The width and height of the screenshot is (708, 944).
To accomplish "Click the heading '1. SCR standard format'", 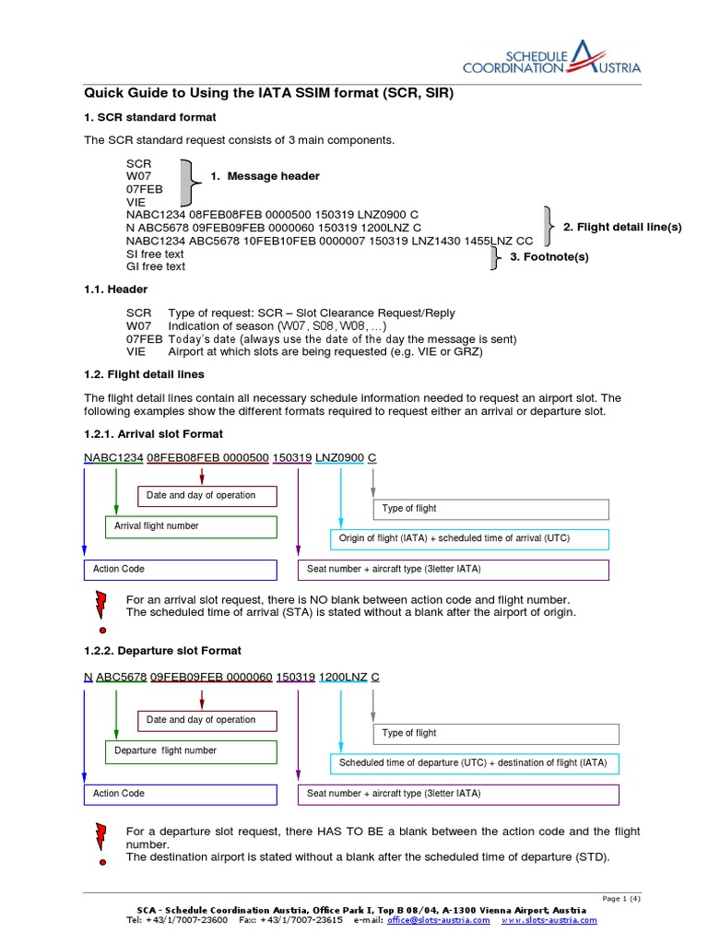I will [x=150, y=117].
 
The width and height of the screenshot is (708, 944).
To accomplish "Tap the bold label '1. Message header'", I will [x=265, y=176].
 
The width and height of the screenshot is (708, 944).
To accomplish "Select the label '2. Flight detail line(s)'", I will [x=622, y=227].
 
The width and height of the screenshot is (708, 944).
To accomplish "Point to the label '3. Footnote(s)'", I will [x=549, y=256].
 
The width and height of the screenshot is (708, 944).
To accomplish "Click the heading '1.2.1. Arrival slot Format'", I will [x=154, y=433].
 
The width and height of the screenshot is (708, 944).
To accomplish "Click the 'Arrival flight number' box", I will [x=191, y=526].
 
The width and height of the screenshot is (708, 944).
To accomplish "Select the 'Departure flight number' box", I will [x=191, y=750].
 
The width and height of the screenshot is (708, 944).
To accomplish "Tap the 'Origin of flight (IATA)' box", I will [x=469, y=538].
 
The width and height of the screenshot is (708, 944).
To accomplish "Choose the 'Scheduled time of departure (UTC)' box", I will [x=474, y=763].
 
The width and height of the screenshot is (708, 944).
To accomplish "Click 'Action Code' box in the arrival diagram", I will [x=180, y=569].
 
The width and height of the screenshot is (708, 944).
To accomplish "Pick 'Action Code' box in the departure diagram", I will [x=180, y=794].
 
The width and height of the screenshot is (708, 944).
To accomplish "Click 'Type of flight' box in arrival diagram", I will [x=490, y=509].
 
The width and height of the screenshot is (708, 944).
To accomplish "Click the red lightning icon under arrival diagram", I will [x=101, y=604].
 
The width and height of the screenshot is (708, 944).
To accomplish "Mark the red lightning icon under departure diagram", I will [x=101, y=836].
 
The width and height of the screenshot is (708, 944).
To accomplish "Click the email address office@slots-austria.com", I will [x=439, y=920].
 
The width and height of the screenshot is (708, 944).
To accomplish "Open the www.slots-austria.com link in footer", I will [x=549, y=920].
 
